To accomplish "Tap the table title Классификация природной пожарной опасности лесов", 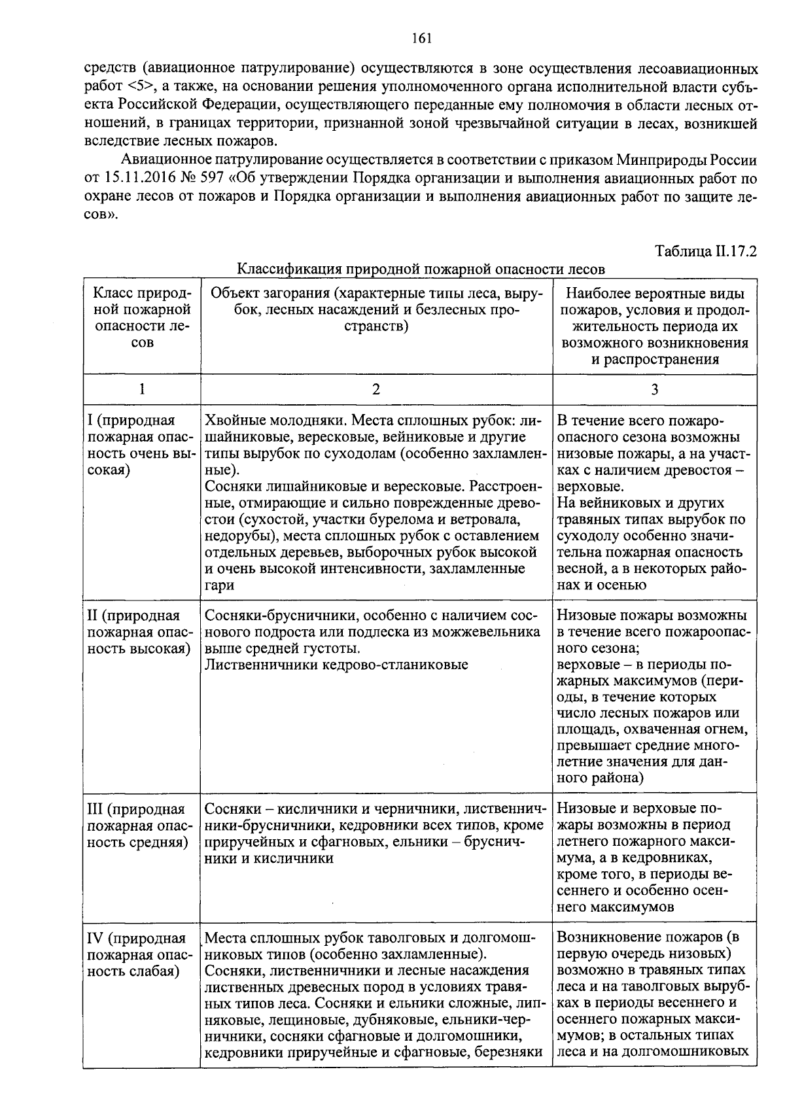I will point(420,269).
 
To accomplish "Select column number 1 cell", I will point(141,389).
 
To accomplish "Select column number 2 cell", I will point(375,389).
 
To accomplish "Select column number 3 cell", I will point(654,389).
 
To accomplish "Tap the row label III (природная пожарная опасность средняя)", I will point(137,825).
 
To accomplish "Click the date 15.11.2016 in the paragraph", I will point(139,178).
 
